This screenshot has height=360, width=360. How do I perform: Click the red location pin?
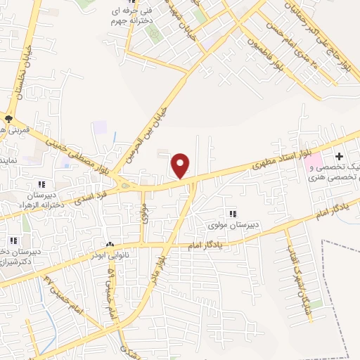[x=181, y=165]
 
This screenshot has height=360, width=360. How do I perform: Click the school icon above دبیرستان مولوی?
[x=232, y=214]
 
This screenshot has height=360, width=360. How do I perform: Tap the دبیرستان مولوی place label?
[x=231, y=226]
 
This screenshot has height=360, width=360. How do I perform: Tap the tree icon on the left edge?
[x=8, y=119]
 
